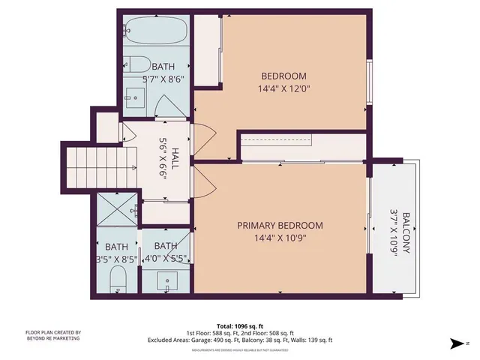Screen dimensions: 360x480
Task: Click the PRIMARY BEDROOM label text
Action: point(280,226)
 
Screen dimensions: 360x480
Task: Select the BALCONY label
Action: point(406,233)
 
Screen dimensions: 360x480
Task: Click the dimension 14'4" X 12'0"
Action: point(283,88)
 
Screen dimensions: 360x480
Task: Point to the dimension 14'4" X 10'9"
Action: point(280,239)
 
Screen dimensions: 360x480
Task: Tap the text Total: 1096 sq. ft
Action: point(240,325)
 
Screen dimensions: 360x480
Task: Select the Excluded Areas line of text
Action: point(240,340)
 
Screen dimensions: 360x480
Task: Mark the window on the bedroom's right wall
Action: point(369,81)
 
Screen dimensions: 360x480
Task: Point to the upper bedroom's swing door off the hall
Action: point(204,139)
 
